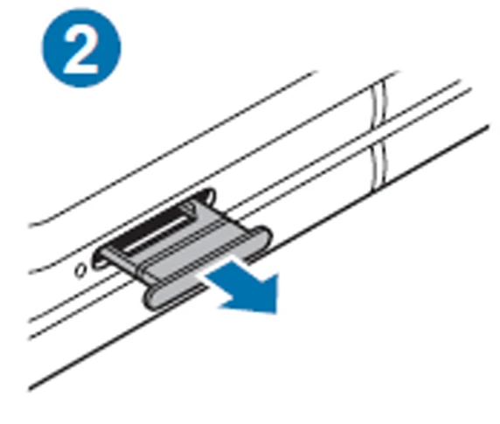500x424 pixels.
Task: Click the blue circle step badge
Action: point(81,48)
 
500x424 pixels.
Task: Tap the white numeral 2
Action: point(81,50)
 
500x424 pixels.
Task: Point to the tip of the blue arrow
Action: point(277,312)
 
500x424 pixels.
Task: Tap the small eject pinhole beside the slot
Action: point(80,270)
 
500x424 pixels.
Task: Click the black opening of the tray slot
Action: point(149,223)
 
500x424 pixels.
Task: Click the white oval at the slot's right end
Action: point(209,195)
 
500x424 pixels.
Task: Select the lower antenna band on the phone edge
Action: point(379,167)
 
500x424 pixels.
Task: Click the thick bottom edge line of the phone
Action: point(258,258)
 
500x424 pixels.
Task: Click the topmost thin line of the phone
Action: point(172,149)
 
